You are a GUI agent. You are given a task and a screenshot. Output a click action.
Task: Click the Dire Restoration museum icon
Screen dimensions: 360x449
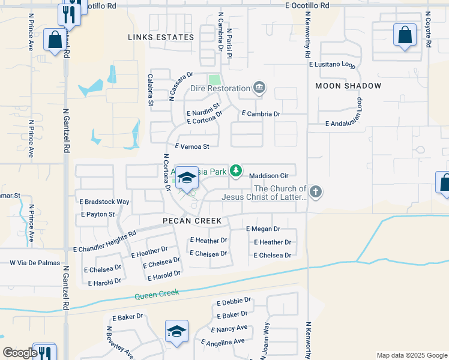pos(259,89)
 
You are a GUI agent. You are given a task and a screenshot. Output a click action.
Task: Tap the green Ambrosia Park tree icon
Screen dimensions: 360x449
pos(237,172)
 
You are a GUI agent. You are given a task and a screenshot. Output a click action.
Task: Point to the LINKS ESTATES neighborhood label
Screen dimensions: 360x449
pos(161,37)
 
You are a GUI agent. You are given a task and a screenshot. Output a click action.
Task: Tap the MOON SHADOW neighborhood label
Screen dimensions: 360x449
pos(348,86)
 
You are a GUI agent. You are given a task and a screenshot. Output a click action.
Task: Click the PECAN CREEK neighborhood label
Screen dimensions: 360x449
pos(192,221)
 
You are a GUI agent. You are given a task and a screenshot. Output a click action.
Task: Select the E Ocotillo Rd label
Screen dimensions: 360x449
pos(307,5)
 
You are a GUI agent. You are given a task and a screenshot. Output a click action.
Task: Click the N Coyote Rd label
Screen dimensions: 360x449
pos(428,29)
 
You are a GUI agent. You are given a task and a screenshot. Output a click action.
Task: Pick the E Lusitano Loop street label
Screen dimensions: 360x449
pos(331,64)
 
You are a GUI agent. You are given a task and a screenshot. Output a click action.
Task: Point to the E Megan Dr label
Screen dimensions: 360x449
pos(263,229)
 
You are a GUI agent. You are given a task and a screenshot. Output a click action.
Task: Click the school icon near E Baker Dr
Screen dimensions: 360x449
pos(176,331)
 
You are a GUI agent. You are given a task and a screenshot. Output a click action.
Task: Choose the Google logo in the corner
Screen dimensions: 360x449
pos(20,353)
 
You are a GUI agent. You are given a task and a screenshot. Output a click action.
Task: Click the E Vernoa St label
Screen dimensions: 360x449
pos(191,146)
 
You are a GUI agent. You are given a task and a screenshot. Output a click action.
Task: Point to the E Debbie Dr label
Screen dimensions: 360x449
pos(231,302)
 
